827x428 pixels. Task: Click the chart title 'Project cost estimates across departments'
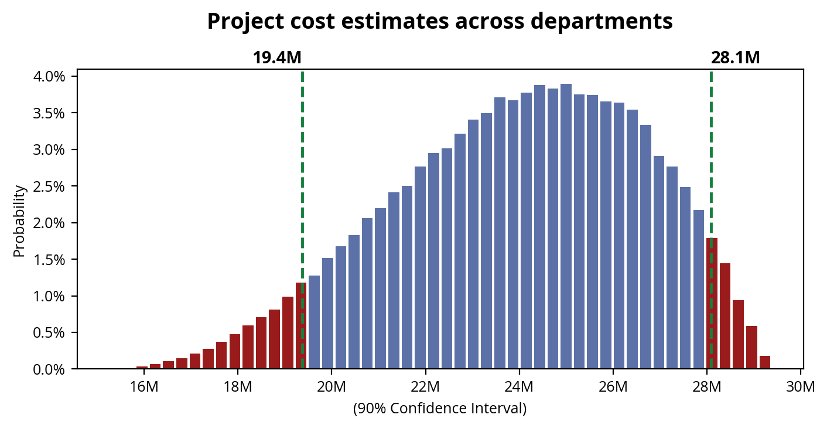[x=440, y=22]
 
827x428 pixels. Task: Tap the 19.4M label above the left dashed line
[x=277, y=58]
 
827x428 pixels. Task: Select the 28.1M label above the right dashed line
[x=735, y=58]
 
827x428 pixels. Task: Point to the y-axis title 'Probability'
[x=19, y=221]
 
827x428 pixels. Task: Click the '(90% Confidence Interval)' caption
[x=440, y=409]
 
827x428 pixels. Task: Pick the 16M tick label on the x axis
[x=143, y=387]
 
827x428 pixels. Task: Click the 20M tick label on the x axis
[x=332, y=387]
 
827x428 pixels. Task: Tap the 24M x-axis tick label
[x=519, y=387]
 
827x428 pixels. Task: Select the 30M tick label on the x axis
[x=800, y=387]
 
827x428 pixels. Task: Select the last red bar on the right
[x=764, y=363]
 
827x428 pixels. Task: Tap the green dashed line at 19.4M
[x=302, y=176]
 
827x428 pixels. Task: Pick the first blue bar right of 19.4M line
[x=315, y=322]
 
